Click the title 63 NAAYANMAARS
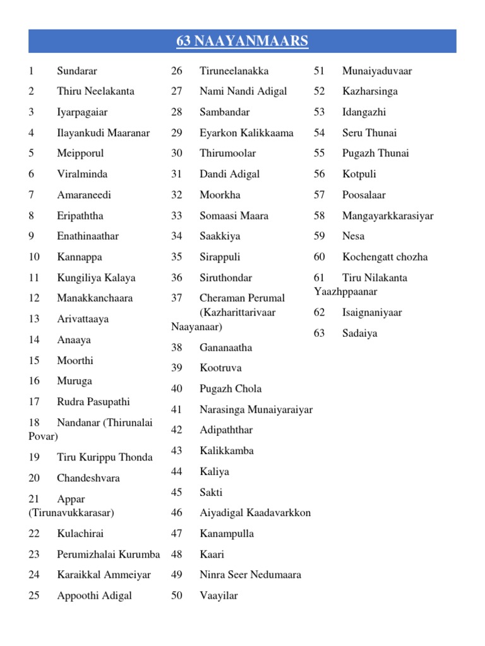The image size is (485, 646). [242, 42]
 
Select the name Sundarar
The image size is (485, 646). [77, 71]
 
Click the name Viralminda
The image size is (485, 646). [82, 174]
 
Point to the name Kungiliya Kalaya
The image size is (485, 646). [96, 278]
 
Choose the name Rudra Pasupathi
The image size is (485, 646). [93, 402]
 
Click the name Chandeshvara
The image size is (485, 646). [88, 478]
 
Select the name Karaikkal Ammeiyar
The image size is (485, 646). [104, 575]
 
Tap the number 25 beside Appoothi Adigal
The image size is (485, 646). [34, 596]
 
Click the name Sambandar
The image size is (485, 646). [224, 112]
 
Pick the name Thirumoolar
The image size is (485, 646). [227, 153]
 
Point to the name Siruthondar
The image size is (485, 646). [225, 278]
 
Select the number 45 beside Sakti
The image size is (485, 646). [176, 493]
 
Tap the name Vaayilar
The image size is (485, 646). [219, 596]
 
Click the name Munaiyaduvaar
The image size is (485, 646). [376, 71]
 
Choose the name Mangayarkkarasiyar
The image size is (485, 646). [388, 216]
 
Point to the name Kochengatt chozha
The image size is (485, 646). [385, 257]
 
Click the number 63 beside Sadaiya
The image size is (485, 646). [319, 333]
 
